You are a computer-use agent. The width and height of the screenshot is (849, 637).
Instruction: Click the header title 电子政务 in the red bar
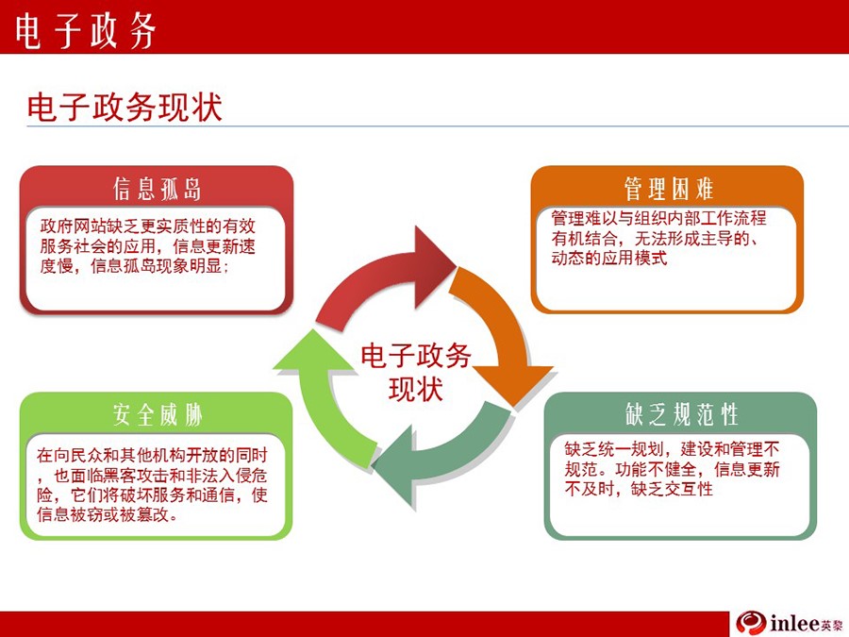86,29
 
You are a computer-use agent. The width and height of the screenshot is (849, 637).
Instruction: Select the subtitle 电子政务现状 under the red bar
125,107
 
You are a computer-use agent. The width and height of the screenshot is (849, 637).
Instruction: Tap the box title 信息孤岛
157,189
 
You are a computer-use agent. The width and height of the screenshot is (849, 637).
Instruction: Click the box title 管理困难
669,189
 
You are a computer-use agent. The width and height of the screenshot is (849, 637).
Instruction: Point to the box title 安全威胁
158,415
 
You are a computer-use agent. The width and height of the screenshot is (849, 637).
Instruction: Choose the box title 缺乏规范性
681,414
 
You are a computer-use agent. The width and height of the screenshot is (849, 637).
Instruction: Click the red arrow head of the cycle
433,266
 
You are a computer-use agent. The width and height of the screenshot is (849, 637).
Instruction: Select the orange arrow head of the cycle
513,385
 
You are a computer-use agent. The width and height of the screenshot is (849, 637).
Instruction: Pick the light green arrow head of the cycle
314,351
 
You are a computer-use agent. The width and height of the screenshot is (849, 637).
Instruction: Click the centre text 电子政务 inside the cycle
416,356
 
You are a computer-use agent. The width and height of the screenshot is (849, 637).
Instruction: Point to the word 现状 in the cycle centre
416,389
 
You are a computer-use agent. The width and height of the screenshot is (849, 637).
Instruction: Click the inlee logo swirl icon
751,624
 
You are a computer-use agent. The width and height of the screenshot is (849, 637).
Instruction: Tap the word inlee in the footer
793,624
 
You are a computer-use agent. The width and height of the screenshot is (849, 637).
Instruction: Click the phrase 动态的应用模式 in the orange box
609,258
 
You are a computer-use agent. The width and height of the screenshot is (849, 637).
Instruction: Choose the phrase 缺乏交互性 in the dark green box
672,489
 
